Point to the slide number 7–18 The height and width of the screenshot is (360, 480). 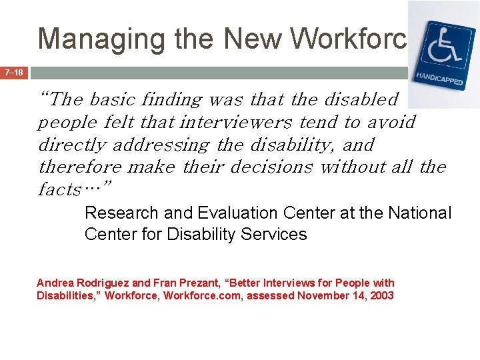click(x=14, y=72)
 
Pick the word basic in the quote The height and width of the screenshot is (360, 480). click(x=111, y=99)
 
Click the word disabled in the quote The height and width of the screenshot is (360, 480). click(x=361, y=99)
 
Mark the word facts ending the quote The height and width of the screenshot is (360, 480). click(x=60, y=189)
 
